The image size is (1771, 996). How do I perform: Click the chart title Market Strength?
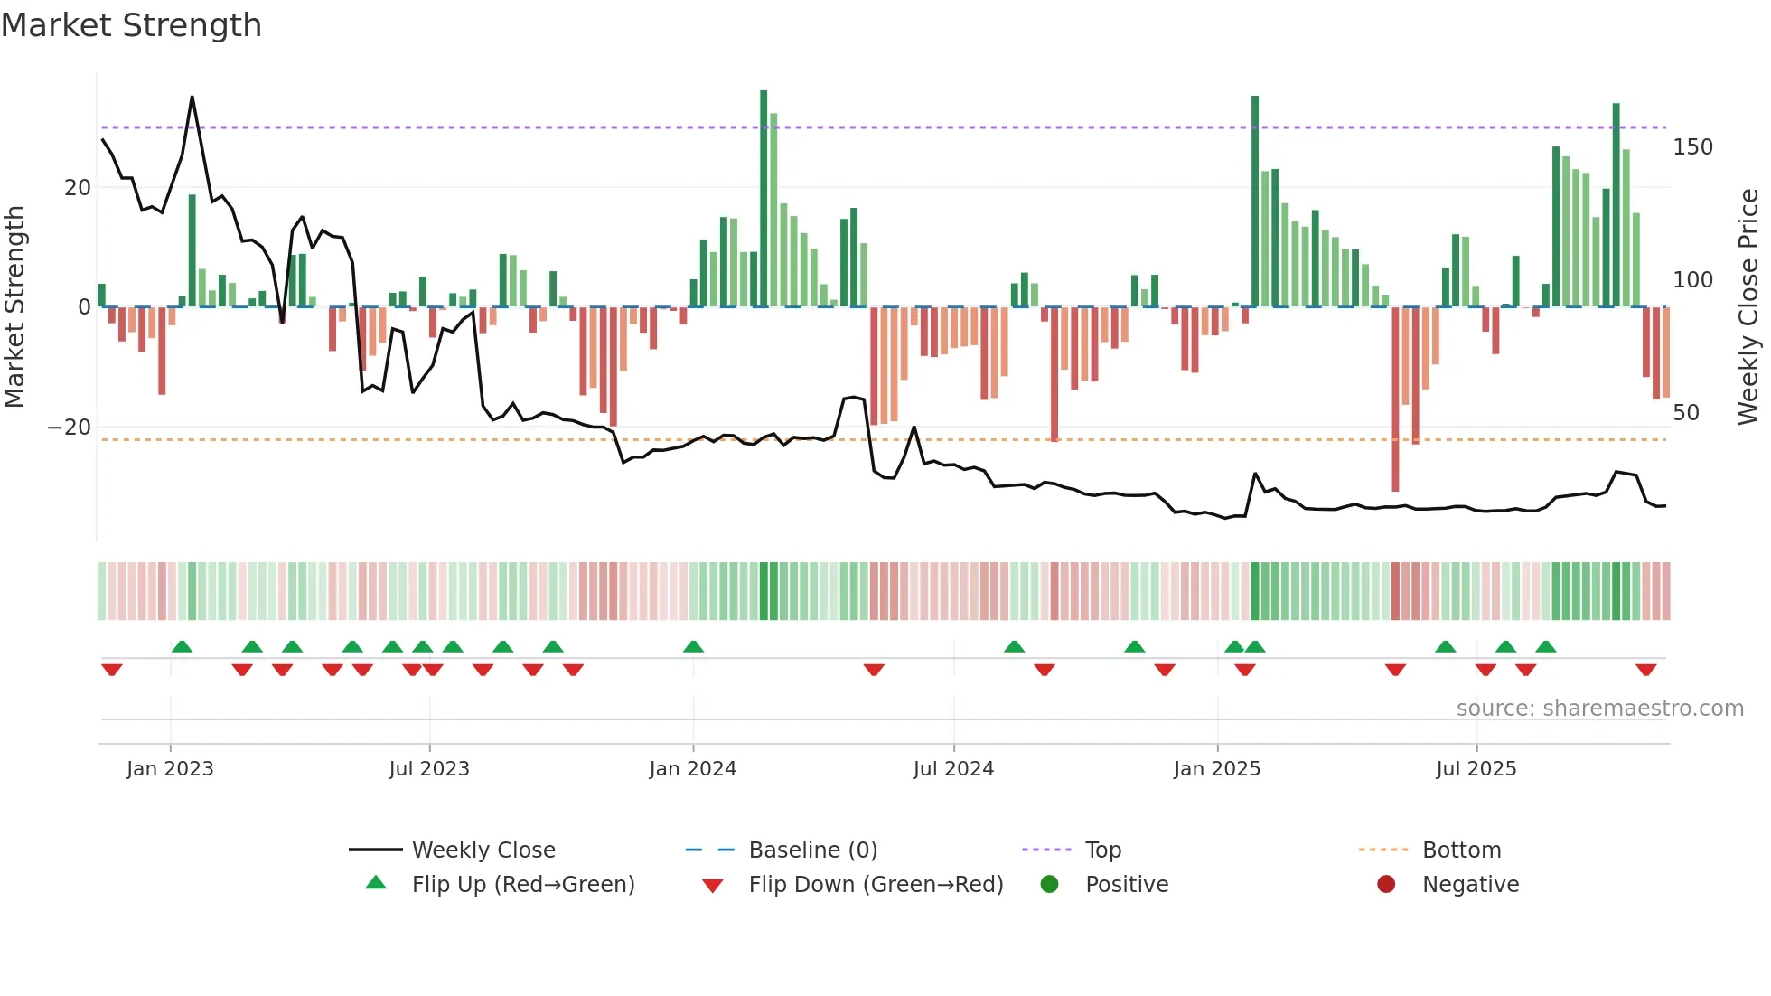pyautogui.click(x=131, y=25)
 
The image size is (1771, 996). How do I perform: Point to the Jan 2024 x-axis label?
pyautogui.click(x=692, y=769)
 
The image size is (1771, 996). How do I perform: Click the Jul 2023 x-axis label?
pyautogui.click(x=429, y=769)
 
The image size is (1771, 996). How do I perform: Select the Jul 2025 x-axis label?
pyautogui.click(x=1476, y=769)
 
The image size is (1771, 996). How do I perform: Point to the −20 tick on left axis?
pyautogui.click(x=70, y=427)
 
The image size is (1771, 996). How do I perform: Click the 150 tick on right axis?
pyautogui.click(x=1692, y=146)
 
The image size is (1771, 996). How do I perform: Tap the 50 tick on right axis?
pyautogui.click(x=1686, y=413)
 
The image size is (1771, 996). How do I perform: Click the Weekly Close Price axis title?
pyautogui.click(x=1748, y=307)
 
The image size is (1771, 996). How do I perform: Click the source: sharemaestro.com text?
pyautogui.click(x=1599, y=708)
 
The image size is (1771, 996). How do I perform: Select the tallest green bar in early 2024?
pyautogui.click(x=764, y=199)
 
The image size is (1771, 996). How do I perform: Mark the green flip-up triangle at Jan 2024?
pyautogui.click(x=693, y=646)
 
